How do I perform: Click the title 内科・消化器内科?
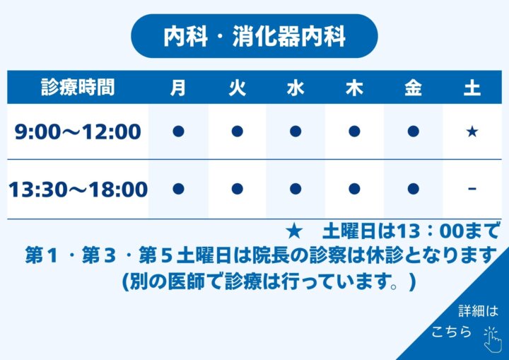[255, 36]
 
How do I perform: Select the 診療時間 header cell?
[78, 88]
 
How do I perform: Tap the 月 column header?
[178, 88]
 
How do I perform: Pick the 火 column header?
[238, 88]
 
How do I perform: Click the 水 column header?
[296, 88]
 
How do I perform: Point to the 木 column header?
[354, 88]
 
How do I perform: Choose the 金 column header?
[413, 88]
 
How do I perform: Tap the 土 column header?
[472, 88]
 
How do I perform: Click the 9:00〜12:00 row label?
[78, 132]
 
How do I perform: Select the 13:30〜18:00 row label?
[78, 190]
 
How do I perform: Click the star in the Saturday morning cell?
[472, 132]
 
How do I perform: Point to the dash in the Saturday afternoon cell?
[472, 188]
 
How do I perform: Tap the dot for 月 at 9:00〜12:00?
[179, 132]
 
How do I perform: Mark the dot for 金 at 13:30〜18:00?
[414, 189]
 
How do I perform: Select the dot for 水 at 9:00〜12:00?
[296, 132]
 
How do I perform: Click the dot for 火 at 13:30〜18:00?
[238, 189]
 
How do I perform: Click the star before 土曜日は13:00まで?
[294, 231]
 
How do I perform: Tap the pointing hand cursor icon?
[492, 340]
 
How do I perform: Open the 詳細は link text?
[478, 311]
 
